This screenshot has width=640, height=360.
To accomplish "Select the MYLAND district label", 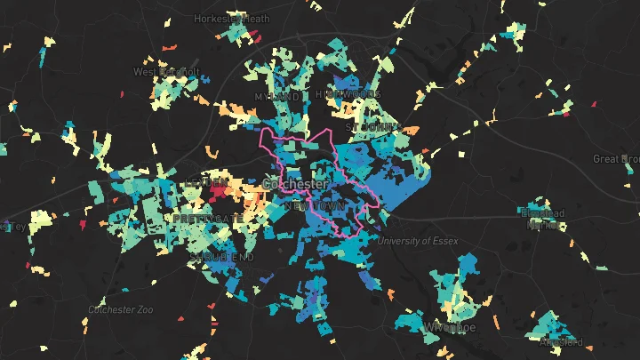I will [276, 96].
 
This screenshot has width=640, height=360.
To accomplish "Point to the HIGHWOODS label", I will [348, 94].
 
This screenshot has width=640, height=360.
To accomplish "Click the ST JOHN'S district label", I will [374, 127].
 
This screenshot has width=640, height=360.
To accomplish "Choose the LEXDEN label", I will [201, 182].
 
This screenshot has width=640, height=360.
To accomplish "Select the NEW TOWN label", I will [315, 205].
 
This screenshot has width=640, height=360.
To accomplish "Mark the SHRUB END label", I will [221, 257].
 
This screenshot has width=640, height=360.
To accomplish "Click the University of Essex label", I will [415, 241].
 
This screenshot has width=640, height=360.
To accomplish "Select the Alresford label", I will [561, 341].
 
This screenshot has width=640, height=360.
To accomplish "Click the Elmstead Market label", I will [542, 219].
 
